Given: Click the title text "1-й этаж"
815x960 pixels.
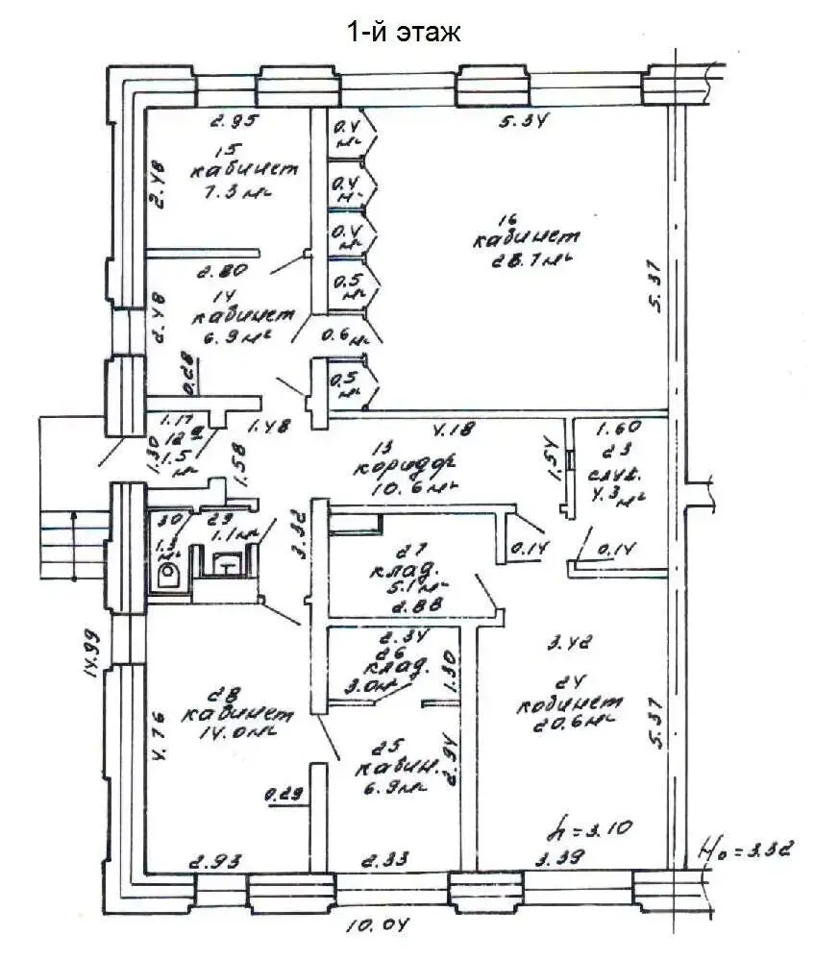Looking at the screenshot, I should click(405, 32).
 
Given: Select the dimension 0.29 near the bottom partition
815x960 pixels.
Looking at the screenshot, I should click(284, 794).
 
